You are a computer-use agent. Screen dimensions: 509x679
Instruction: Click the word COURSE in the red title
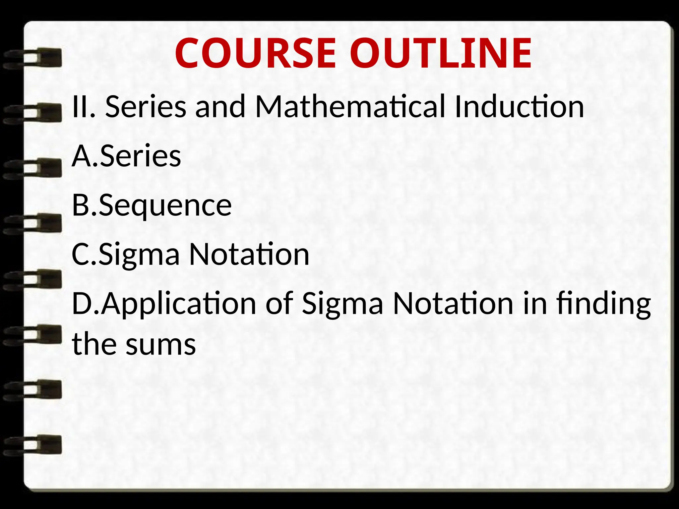(255, 54)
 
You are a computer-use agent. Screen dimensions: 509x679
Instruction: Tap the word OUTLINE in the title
(441, 54)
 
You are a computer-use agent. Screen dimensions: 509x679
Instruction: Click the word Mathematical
(350, 107)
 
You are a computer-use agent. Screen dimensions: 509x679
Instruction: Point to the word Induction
(519, 107)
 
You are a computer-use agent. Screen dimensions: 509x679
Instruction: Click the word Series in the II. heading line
(146, 107)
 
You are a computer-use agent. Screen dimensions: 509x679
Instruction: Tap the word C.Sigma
(126, 254)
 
